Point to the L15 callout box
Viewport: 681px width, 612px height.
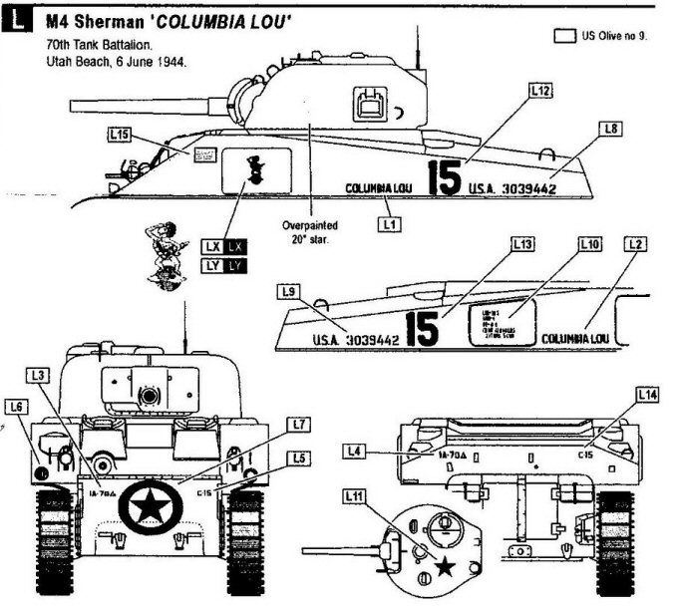click(122, 133)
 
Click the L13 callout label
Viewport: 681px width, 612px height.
click(522, 243)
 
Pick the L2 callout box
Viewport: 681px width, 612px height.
click(636, 243)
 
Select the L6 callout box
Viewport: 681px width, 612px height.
click(16, 406)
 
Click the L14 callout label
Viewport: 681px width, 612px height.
click(647, 396)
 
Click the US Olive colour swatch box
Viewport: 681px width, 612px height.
click(564, 36)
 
